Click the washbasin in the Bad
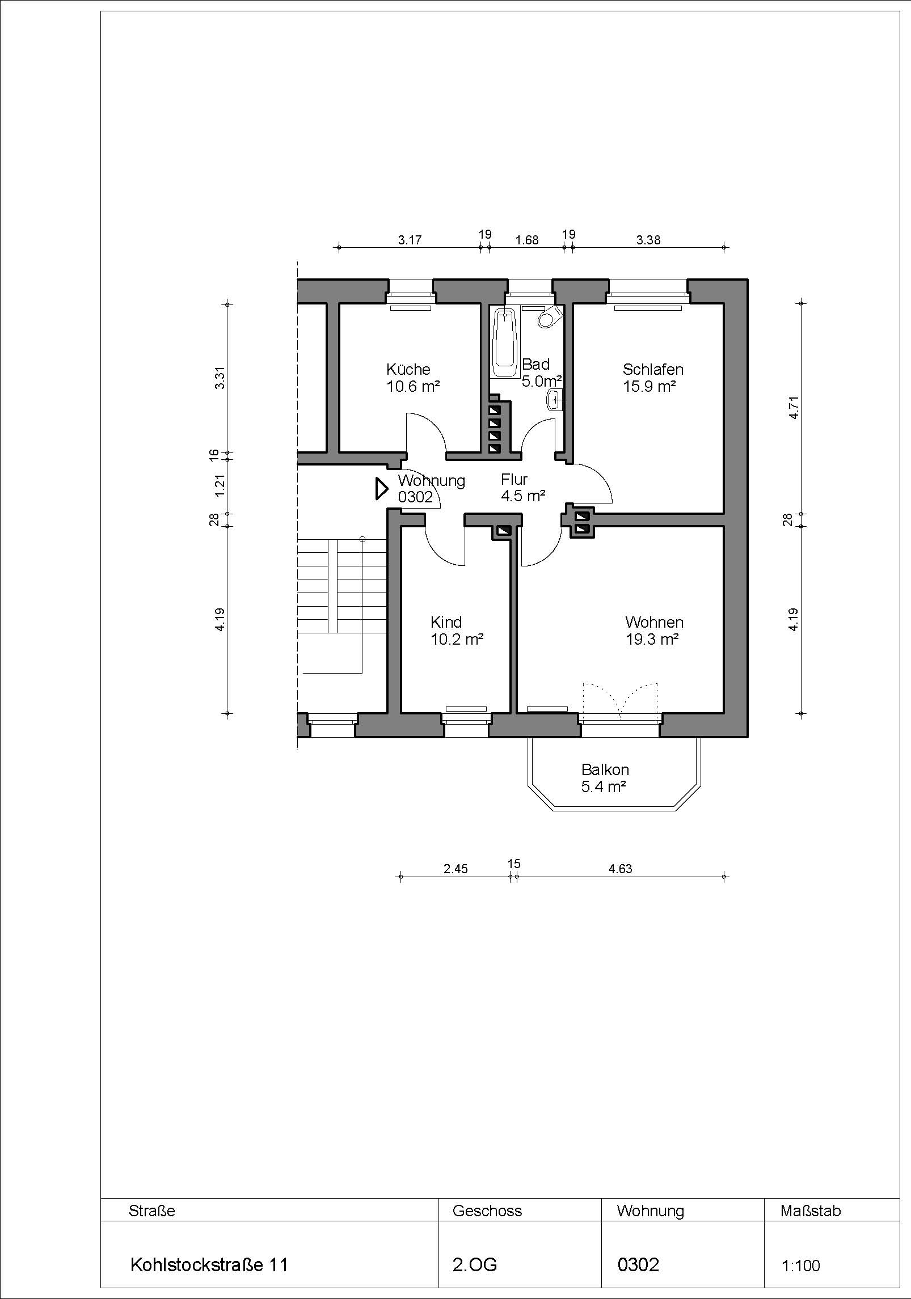[554, 400]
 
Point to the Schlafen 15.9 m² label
[652, 378]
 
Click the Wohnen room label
[654, 622]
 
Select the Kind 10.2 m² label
[457, 631]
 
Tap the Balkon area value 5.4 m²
[604, 786]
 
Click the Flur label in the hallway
[514, 480]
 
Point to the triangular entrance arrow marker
[381, 489]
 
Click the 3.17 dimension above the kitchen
[410, 240]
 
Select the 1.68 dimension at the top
[526, 240]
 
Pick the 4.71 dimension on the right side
[794, 407]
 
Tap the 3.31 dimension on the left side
[220, 378]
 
